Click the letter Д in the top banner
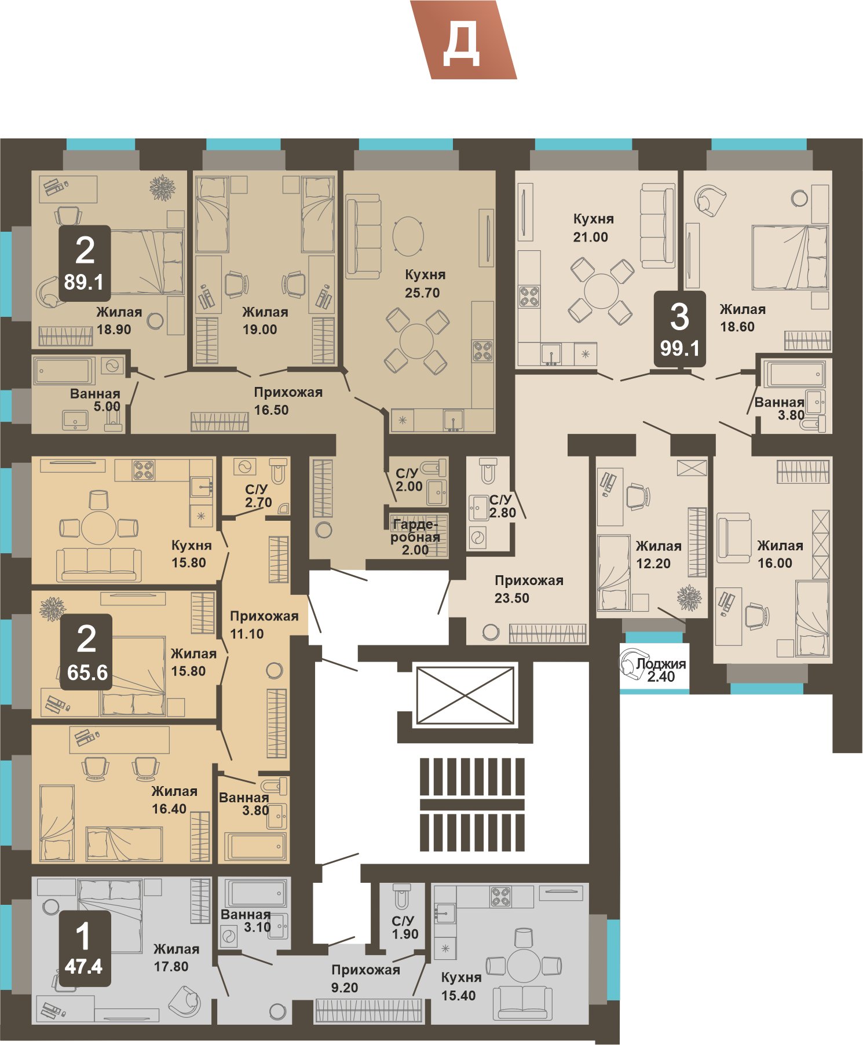pyautogui.click(x=461, y=44)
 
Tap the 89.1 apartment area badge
pyautogui.click(x=84, y=263)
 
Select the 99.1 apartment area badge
pyautogui.click(x=680, y=329)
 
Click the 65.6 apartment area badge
pyautogui.click(x=86, y=652)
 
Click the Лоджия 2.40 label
pyautogui.click(x=661, y=670)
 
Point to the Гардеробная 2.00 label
pyautogui.click(x=415, y=537)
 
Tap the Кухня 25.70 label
pyautogui.click(x=424, y=283)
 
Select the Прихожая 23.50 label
pyautogui.click(x=529, y=589)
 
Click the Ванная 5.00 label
pyautogui.click(x=96, y=400)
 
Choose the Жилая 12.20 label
pyautogui.click(x=658, y=554)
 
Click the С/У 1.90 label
pyautogui.click(x=404, y=927)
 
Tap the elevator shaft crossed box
pyautogui.click(x=465, y=695)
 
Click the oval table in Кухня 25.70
pyautogui.click(x=408, y=236)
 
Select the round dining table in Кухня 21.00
pyautogui.click(x=601, y=291)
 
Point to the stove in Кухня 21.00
pyautogui.click(x=529, y=297)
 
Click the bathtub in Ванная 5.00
pyautogui.click(x=64, y=371)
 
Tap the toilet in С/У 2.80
pyautogui.click(x=488, y=470)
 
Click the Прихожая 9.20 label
pyautogui.click(x=365, y=979)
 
